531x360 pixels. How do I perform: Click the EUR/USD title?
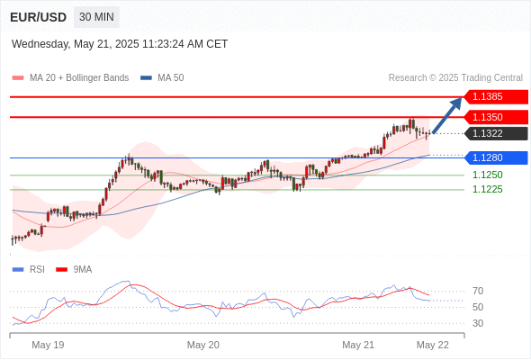39,17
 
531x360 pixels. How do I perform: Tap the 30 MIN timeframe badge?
96,17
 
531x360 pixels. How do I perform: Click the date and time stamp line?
120,44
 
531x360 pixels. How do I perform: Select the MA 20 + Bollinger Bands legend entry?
70,78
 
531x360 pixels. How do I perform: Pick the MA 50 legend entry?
162,78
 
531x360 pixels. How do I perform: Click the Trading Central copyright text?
455,78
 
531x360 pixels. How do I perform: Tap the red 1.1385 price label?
496,97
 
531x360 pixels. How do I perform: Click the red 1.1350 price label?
496,117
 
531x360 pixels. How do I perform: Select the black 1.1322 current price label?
496,133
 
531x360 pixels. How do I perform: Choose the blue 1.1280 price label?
496,157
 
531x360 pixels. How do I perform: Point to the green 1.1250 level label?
487,175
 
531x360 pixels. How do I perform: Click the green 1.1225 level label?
487,189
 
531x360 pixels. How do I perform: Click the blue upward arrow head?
457,103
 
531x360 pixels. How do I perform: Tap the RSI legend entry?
29,270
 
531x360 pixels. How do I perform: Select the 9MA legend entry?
74,270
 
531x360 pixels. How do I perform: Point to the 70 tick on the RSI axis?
478,291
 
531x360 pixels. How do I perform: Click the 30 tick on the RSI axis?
478,323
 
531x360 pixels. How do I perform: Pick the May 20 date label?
203,345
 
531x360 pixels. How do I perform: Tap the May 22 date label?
433,345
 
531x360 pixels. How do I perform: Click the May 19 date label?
48,345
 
